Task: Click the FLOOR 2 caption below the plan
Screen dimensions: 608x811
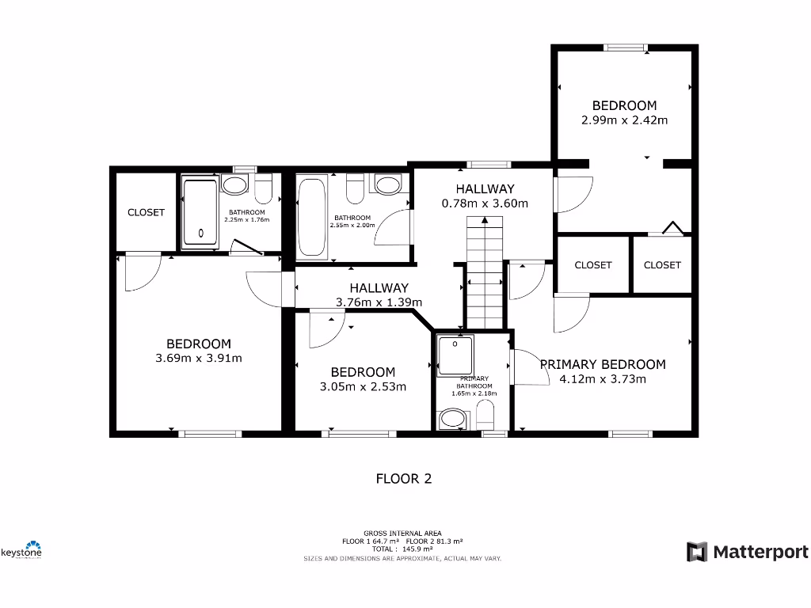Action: pos(403,478)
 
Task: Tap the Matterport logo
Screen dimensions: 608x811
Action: pos(748,552)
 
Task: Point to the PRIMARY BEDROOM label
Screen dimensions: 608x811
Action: pos(602,364)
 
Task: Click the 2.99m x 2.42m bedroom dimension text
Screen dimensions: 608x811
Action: pos(624,120)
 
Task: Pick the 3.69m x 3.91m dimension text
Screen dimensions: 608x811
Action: pos(199,358)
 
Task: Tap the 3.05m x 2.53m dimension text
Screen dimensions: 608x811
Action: pos(363,386)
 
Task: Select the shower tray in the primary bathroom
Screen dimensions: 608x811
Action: pos(455,354)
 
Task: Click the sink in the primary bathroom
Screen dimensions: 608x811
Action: pos(453,419)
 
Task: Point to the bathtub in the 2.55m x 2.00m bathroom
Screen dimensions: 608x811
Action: pos(311,215)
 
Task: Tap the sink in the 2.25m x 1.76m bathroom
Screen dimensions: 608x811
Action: pos(234,186)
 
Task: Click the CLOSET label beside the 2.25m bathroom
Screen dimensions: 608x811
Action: pos(146,212)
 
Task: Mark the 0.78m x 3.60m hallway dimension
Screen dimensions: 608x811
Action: pos(485,203)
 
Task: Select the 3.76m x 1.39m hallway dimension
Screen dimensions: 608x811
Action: pos(379,302)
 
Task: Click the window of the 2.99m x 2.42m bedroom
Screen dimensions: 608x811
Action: pos(625,47)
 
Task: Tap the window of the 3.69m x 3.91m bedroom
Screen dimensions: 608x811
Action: pos(209,433)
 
